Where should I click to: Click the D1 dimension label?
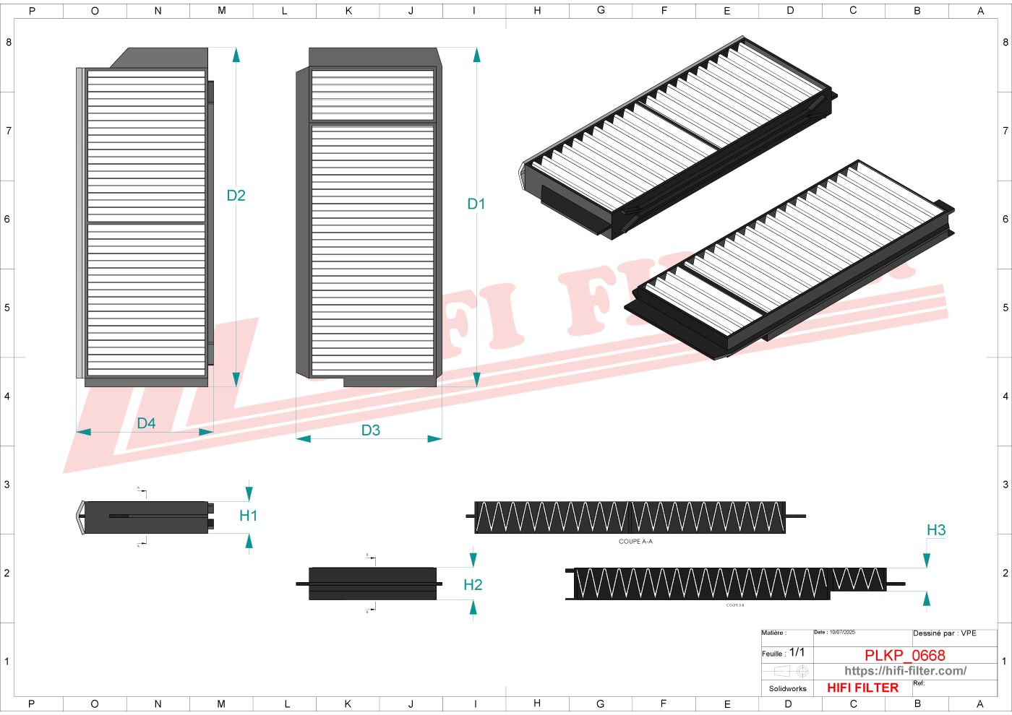coord(476,204)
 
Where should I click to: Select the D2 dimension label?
coord(236,196)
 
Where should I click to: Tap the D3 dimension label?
coord(370,430)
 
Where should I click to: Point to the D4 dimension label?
coord(146,423)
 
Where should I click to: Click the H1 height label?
coord(248,516)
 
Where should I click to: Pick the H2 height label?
coord(473,585)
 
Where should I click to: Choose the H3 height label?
coord(936,530)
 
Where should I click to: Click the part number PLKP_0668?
coord(904,655)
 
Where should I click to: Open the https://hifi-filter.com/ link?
coord(905,671)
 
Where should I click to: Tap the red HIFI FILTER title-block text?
coord(862,688)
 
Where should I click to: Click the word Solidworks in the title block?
coord(787,688)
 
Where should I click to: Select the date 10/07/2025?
coord(841,632)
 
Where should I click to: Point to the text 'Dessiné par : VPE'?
coord(944,633)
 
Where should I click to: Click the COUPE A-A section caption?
coord(635,541)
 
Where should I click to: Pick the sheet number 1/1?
coord(797,652)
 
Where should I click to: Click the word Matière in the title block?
coord(773,633)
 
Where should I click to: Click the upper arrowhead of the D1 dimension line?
coord(476,54)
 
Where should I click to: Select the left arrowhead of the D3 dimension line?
coord(303,438)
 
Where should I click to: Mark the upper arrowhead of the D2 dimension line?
coord(236,54)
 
